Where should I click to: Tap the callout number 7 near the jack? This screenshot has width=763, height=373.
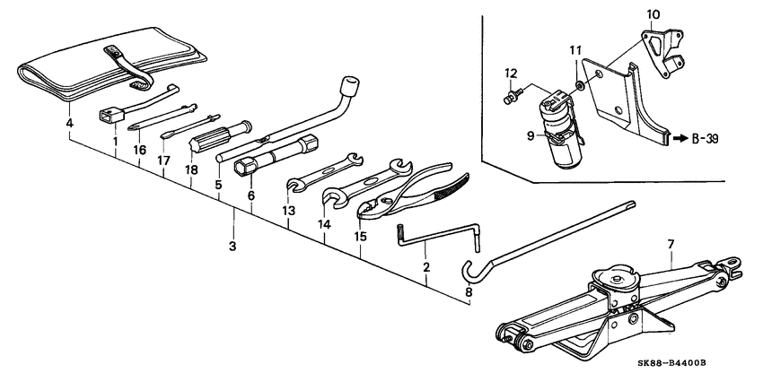(x=671, y=243)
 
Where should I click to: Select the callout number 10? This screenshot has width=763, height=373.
(x=653, y=14)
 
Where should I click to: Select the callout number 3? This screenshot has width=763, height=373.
(x=232, y=246)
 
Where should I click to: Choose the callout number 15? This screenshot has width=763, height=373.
(x=361, y=236)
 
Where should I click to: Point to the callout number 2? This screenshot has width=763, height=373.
(x=426, y=266)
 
